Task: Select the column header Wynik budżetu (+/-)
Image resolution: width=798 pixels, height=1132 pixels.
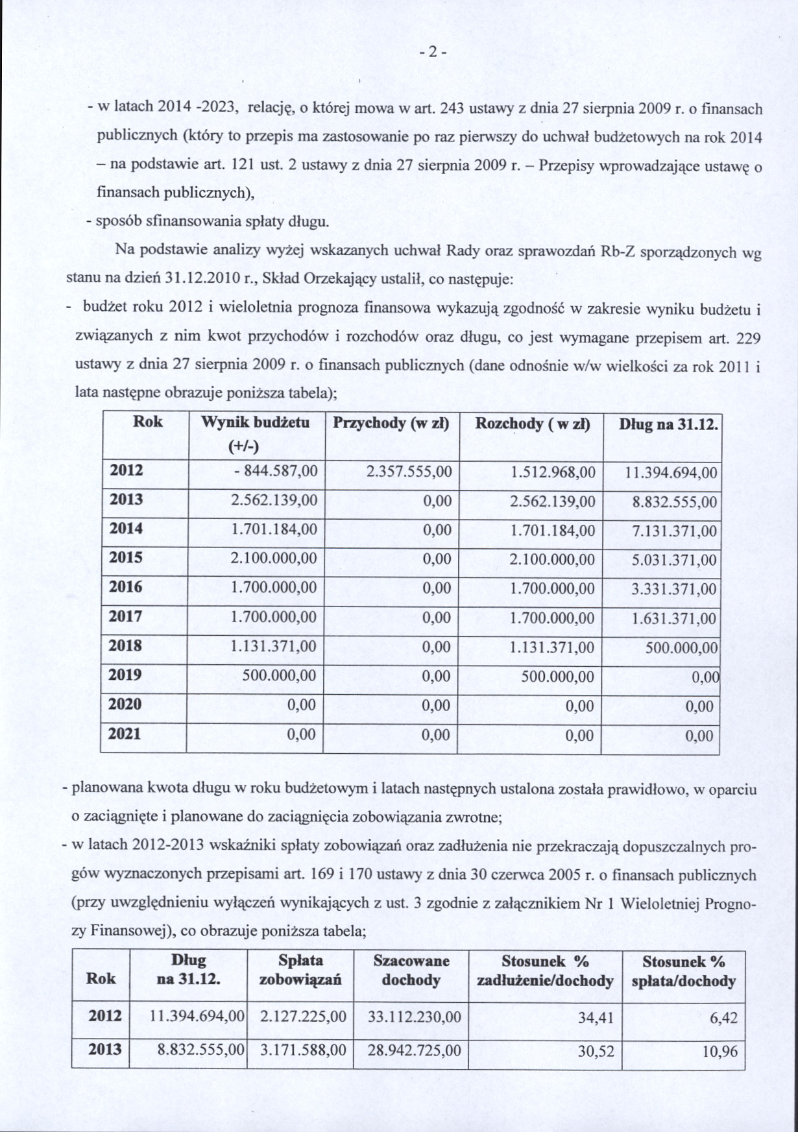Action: point(255,434)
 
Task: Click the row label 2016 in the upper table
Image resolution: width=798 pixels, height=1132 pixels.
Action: point(126,587)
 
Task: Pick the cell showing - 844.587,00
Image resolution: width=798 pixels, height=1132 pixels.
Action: point(276,472)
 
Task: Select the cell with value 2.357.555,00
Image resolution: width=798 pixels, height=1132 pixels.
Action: point(409,472)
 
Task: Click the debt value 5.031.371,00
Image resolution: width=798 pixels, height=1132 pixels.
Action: point(675,560)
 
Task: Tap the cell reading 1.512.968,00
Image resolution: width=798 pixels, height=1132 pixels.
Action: point(553,472)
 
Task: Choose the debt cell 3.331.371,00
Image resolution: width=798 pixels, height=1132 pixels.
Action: point(675,589)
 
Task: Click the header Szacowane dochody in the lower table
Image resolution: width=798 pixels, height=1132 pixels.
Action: point(411,970)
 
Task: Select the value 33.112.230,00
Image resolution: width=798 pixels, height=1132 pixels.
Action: point(415,1017)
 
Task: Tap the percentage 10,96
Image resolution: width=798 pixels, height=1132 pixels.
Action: point(720,1051)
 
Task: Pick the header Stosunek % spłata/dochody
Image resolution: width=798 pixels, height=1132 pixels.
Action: point(683,970)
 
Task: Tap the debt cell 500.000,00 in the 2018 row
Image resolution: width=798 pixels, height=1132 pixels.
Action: point(683,647)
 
